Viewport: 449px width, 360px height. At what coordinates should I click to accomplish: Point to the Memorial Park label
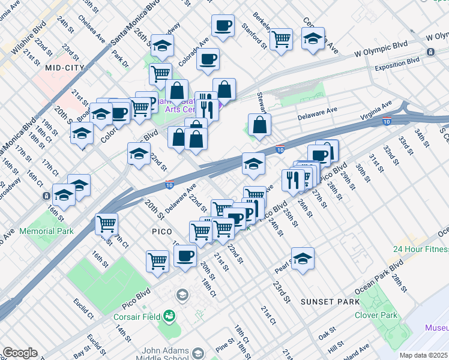point(47,231)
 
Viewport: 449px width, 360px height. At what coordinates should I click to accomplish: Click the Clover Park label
point(376,315)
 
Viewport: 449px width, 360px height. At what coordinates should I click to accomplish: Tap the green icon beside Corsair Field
point(170,316)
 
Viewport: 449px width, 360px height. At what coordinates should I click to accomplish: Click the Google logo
point(20,353)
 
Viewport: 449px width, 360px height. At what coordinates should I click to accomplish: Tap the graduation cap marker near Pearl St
point(303,257)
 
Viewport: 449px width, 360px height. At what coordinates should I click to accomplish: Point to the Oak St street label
point(327,331)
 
